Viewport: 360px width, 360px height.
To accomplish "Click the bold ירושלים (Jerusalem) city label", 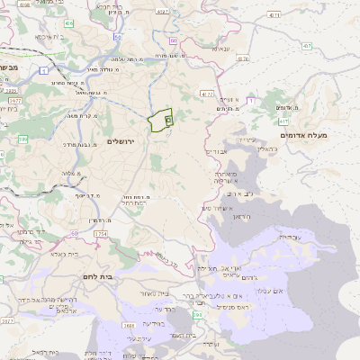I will click(x=125, y=142).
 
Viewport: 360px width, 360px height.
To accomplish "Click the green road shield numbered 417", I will click(x=283, y=121).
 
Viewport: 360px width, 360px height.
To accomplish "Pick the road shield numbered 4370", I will click(x=242, y=58).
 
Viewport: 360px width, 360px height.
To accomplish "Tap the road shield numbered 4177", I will click(x=208, y=93).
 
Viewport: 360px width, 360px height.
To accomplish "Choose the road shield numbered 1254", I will click(x=100, y=233).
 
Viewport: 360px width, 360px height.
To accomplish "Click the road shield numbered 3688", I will click(x=130, y=325).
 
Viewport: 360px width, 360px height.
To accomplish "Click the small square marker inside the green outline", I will click(x=168, y=120).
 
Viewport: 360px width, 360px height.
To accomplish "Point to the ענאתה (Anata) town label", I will click(x=218, y=49).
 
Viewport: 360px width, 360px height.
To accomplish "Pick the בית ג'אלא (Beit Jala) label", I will click(x=58, y=255).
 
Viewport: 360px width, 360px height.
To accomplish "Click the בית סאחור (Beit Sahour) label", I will click(x=156, y=292).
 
